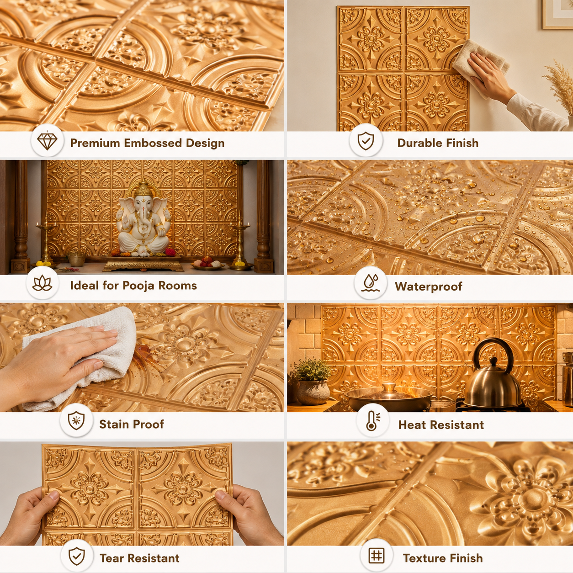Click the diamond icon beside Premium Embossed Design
click(47, 140)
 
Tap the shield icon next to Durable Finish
click(366, 141)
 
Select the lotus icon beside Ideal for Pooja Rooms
click(42, 283)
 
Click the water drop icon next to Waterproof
click(371, 283)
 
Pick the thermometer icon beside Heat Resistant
click(373, 421)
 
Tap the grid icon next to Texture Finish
click(376, 555)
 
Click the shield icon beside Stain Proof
click(76, 421)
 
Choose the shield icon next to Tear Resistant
click(77, 556)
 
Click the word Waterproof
click(429, 286)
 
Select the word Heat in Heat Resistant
click(411, 425)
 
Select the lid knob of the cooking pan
click(389, 386)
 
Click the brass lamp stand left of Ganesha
click(46, 242)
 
